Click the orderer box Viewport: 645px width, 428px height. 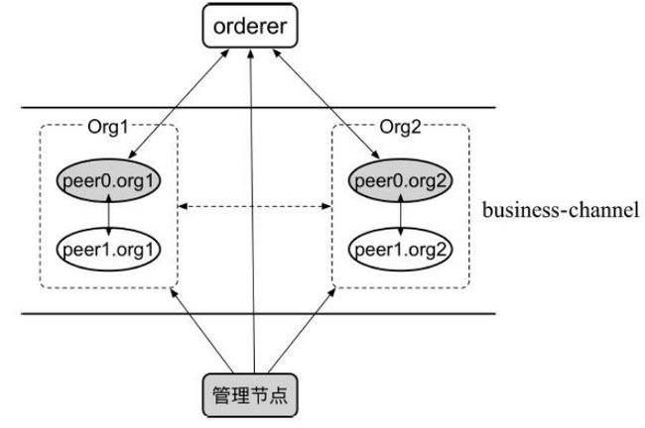250,26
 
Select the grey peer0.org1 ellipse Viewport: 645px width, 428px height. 108,180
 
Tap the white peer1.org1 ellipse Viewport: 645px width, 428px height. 108,250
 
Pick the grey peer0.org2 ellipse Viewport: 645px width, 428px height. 400,180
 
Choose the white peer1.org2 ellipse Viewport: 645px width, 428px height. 400,250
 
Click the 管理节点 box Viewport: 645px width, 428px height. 250,395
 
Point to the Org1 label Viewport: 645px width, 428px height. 108,127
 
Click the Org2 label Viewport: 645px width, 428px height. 400,127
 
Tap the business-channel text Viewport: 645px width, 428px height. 561,210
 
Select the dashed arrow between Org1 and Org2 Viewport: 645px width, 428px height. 255,206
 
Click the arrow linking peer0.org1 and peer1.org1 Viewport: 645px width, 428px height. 108,215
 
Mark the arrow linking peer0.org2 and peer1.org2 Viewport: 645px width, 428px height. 401,215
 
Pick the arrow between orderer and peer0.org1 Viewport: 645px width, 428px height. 179,104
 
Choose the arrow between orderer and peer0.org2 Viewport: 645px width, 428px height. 326,104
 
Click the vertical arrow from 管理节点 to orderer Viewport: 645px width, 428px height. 252,212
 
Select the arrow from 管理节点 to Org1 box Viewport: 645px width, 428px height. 201,331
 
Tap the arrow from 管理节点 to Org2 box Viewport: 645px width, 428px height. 302,331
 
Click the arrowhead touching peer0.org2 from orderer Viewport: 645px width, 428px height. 375,154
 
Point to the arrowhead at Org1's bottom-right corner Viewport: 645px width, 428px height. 174,292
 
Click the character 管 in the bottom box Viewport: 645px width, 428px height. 221,395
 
